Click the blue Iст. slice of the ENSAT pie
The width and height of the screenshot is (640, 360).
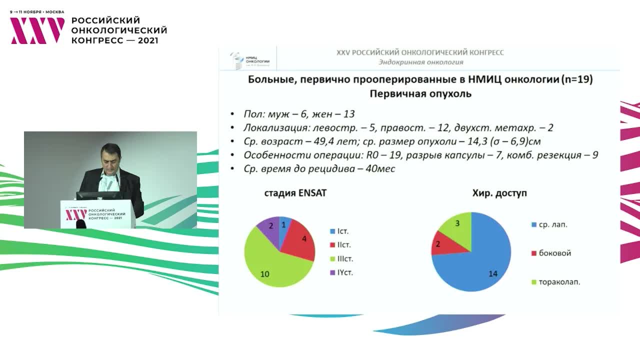click(284, 225)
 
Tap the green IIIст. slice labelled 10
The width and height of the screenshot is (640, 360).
click(272, 267)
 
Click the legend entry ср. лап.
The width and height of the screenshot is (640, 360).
click(548, 224)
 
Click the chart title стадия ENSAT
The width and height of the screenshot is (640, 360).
click(295, 193)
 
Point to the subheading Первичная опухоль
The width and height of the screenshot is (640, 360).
click(420, 94)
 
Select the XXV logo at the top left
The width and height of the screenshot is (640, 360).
click(37, 31)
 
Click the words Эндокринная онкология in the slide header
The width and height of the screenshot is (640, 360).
click(420, 62)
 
